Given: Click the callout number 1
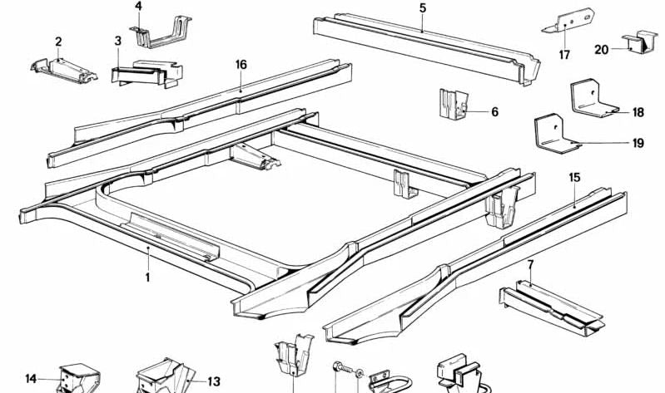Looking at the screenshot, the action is pos(147,278).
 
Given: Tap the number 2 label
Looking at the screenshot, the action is pos(58,42).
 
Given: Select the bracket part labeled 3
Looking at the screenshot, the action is pos(146,74).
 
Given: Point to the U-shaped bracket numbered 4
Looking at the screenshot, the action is pos(163,32).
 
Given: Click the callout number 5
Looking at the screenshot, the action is pos(423,8).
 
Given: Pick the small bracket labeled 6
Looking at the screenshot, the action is pos(454,104).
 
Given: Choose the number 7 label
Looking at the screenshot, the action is pos(530,265).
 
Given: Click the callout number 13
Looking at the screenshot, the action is pos(214,381).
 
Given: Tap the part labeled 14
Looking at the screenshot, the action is pos(79,378).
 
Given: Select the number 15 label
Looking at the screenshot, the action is pos(574,178).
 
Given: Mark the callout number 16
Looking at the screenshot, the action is pos(241,65).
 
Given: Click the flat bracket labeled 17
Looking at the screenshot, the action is pos(568,20).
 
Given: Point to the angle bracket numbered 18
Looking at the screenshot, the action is pos(590,100).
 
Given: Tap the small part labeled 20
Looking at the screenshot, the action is pos(640,43).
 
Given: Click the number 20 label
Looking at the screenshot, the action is pos(602,50).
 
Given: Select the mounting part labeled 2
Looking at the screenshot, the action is pos(63,71).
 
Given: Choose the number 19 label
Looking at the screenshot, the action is pos(638,143).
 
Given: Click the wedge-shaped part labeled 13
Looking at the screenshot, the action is pos(166,376).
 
